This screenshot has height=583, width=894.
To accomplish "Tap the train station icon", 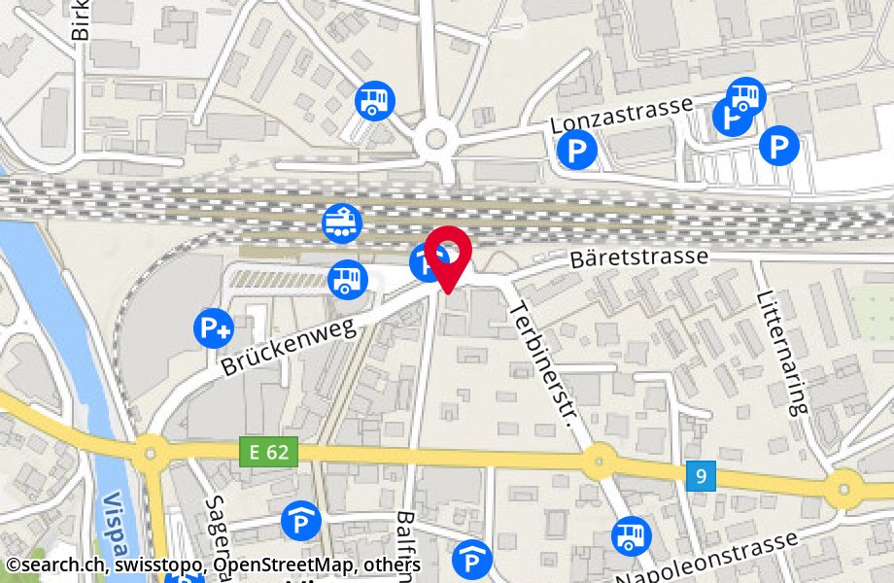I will (342, 223).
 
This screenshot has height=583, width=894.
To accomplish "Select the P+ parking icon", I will (213, 326).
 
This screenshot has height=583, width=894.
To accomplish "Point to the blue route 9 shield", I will (701, 475).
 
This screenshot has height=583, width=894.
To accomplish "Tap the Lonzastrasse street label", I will (621, 115).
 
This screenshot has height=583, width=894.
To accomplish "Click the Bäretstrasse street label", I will (638, 257).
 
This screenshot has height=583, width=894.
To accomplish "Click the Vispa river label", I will (114, 525).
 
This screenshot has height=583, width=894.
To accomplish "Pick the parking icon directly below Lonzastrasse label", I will (577, 150).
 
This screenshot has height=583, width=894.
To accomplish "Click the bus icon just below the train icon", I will (348, 279).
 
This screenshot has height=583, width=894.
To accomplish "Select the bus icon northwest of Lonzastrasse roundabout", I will (375, 100).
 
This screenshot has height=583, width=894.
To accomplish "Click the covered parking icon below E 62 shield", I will (301, 522).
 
